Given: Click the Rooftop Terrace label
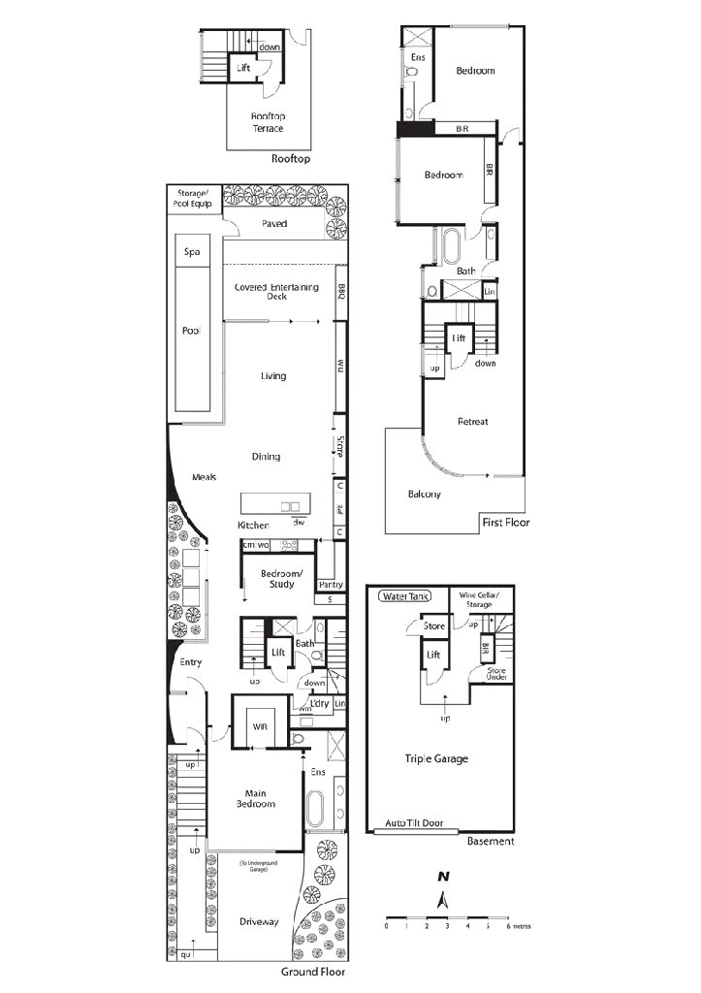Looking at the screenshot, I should coord(269,121).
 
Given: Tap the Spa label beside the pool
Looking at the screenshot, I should coord(193,252).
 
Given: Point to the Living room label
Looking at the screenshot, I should coord(271,375).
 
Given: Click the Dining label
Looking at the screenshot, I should coord(266,456).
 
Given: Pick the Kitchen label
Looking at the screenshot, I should coord(253,525).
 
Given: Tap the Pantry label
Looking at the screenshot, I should coord(331,585).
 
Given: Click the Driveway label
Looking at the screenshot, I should coord(259,922).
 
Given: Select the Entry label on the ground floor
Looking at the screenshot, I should coord(190,663).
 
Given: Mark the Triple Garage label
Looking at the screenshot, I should coord(437,759).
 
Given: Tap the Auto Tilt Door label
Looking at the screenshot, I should coord(412,822).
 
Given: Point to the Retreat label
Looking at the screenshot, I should coord(472,422).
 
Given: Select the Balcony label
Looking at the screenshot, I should coord(425,494).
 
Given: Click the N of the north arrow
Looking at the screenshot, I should coord(443,877).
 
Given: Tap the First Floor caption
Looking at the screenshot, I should coord(507,523).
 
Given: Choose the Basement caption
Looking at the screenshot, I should coord(490,841).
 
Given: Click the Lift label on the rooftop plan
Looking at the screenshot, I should coord(245,66).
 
